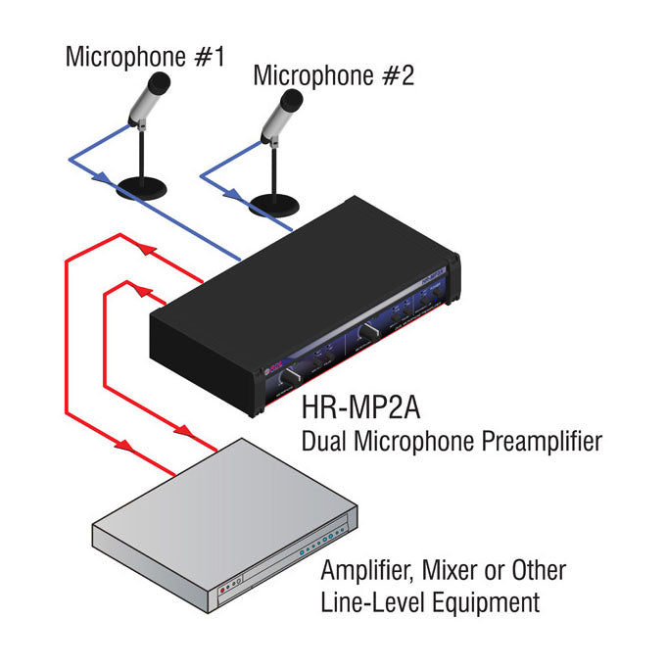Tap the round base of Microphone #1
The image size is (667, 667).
[141, 188]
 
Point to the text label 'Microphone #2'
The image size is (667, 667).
[333, 75]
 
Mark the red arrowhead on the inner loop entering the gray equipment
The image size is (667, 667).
[180, 430]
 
